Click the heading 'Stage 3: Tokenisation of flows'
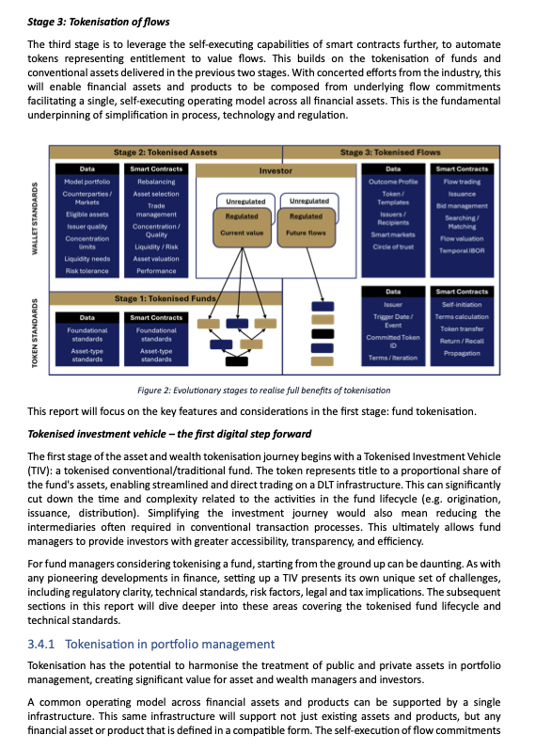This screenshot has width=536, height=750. [x=92, y=20]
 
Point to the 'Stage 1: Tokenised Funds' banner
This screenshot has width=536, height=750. [x=165, y=298]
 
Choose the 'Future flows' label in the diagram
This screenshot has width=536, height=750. [x=307, y=231]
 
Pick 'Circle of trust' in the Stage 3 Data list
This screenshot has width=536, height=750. [x=393, y=246]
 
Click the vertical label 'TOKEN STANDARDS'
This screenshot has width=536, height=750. [x=37, y=329]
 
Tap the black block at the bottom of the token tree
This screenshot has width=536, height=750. [x=236, y=359]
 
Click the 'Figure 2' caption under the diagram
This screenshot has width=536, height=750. [x=262, y=390]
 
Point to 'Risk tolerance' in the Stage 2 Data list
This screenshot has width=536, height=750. [x=87, y=270]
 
